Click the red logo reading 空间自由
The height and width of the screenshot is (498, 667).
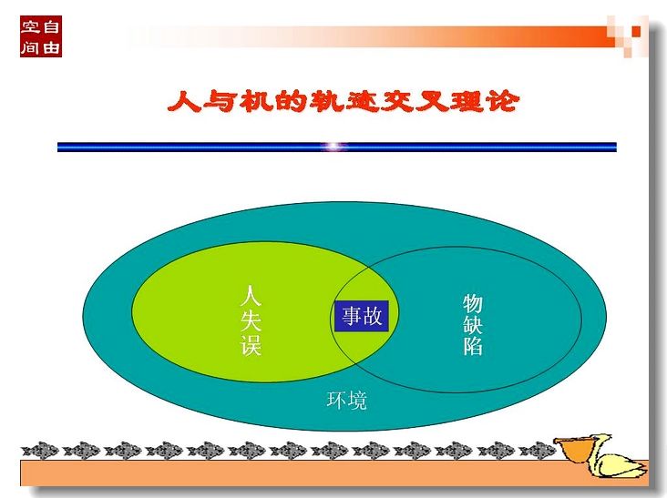click(41, 36)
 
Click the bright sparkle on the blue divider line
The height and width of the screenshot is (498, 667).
click(335, 147)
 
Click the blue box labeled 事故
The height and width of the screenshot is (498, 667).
click(362, 316)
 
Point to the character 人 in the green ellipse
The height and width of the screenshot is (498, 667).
click(250, 296)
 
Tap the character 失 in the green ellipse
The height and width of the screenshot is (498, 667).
click(250, 320)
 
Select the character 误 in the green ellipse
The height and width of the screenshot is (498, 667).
click(250, 345)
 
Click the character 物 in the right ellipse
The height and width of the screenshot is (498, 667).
click(473, 303)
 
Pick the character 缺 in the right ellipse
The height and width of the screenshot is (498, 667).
click(473, 324)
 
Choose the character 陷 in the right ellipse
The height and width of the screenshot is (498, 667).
click(473, 345)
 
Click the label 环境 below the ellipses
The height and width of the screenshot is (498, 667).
click(346, 401)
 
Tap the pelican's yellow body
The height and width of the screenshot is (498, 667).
click(620, 466)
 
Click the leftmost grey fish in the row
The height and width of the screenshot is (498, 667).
click(40, 451)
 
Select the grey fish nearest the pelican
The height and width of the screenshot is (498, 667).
click(538, 451)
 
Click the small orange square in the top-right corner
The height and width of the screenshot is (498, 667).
click(636, 31)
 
